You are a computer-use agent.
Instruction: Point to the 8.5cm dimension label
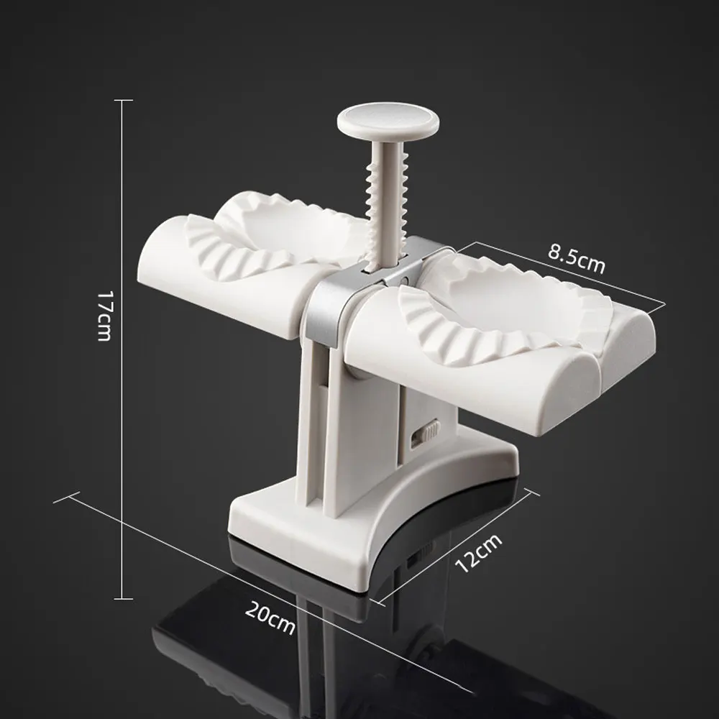coord(577,258)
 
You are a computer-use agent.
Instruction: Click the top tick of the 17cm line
coord(123,101)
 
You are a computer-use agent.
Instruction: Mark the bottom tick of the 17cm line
coord(123,598)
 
